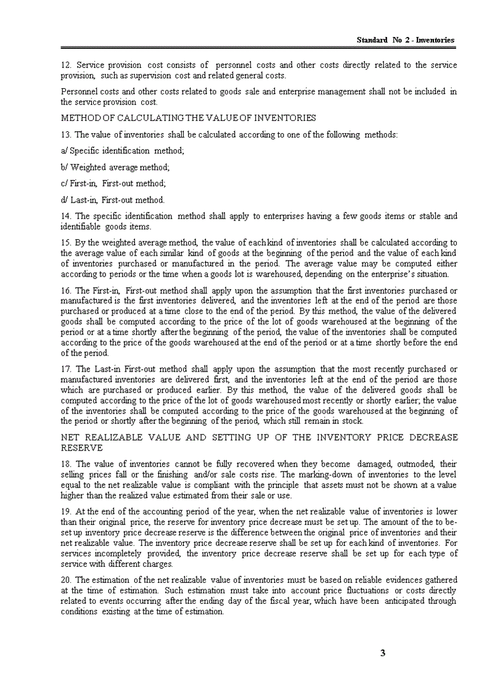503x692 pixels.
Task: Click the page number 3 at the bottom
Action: (x=383, y=653)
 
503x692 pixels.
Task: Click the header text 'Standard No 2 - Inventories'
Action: (x=406, y=40)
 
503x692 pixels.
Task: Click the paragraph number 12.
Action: (x=65, y=65)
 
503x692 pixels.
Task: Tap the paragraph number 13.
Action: (x=65, y=134)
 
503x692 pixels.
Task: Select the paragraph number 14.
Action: (x=65, y=216)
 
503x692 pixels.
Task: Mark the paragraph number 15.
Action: (x=65, y=242)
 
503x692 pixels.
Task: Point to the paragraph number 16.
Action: (x=65, y=290)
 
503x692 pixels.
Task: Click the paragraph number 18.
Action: (x=65, y=463)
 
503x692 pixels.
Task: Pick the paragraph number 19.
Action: (x=65, y=511)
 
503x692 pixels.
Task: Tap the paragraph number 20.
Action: (x=65, y=580)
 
